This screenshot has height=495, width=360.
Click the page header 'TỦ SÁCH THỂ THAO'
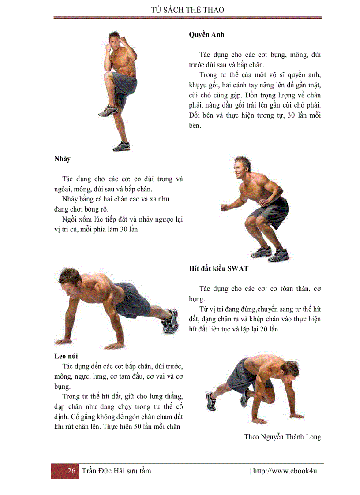pos(187,10)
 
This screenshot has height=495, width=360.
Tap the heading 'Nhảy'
pos(62,159)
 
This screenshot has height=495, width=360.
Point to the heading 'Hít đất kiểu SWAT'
pos(218,268)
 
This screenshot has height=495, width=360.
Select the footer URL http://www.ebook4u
pos(285,471)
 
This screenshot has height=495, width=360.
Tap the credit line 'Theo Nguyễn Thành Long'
pos(282,437)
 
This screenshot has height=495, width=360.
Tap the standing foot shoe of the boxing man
pos(121,145)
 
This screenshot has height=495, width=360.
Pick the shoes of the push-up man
pos(170,320)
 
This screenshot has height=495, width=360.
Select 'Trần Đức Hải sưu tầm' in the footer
pos(116,471)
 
